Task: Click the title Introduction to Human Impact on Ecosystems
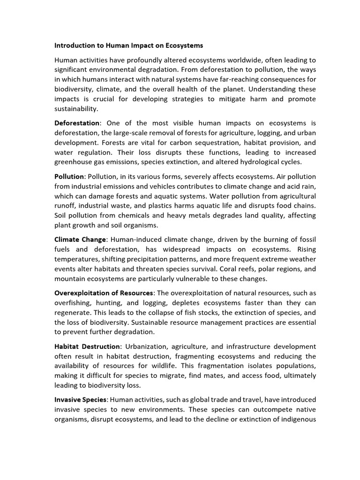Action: (x=129, y=46)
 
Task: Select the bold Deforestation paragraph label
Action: (x=77, y=123)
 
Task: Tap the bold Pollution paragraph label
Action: (x=69, y=176)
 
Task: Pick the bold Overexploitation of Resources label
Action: (x=104, y=293)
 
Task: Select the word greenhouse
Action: (x=75, y=162)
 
